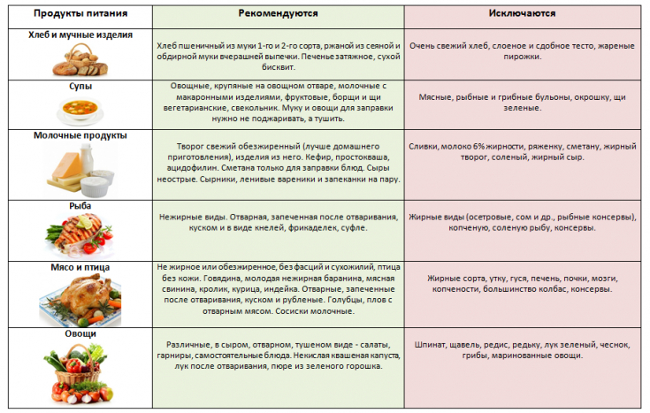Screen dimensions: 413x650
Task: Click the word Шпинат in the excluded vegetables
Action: tap(432, 344)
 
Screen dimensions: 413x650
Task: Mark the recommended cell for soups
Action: tap(278, 103)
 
